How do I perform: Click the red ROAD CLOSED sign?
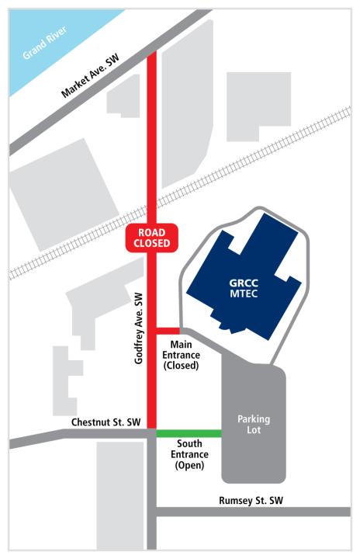[152, 238]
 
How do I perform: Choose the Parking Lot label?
[253, 425]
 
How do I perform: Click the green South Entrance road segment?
[189, 433]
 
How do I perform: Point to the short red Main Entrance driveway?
[168, 329]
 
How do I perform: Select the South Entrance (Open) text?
[185, 456]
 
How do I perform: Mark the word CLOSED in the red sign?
[152, 244]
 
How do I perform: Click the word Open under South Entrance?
[185, 467]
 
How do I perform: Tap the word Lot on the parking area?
[253, 432]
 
